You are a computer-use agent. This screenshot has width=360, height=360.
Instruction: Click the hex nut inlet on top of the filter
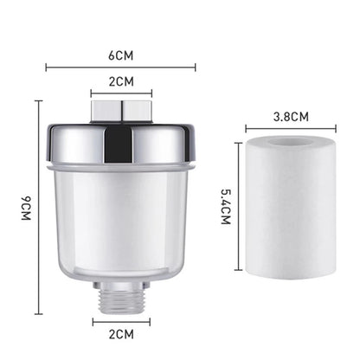coord(121,109)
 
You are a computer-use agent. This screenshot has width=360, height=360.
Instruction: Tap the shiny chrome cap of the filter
coord(121,143)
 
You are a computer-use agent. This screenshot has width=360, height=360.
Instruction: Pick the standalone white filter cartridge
coord(290,216)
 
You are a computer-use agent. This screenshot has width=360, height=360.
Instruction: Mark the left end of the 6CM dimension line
coord(46,67)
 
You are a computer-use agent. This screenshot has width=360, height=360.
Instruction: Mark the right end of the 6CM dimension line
coord(196,67)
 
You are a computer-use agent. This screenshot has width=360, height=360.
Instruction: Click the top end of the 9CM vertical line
coord(39,100)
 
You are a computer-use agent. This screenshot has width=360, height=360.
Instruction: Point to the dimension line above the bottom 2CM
coord(121,321)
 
